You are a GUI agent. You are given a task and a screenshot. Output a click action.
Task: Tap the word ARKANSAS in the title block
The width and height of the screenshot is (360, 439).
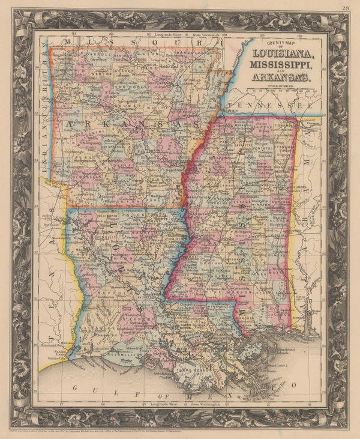click(x=280, y=77)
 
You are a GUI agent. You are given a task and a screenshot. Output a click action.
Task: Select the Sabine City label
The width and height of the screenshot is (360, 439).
click(x=52, y=354)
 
